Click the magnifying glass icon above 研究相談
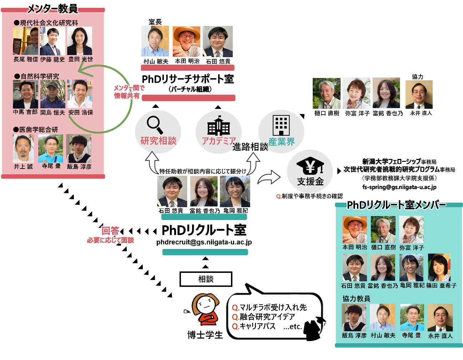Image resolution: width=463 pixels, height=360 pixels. click(155, 125)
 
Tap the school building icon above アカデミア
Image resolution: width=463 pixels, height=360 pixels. click(218, 126)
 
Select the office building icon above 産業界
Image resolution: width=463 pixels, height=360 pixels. click(281, 125)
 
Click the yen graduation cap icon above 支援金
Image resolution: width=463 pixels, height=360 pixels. click(310, 166)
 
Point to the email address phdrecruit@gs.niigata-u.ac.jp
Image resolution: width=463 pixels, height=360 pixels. click(204, 242)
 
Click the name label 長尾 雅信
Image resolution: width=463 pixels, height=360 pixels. click(26, 59)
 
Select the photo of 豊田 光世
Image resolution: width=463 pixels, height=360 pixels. click(80, 41)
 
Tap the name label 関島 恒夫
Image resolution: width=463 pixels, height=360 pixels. click(52, 112)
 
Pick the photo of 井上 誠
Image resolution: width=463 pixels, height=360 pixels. click(24, 149)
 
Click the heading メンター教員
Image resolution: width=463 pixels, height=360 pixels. click(52, 8)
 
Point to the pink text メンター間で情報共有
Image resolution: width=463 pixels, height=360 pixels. click(128, 92)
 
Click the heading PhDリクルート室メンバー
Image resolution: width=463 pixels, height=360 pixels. click(396, 205)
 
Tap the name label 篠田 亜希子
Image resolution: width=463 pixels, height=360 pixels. click(441, 286)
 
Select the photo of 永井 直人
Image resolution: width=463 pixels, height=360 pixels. click(440, 317)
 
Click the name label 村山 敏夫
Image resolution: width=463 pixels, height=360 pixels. click(383, 336)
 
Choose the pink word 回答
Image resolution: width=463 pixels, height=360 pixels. click(111, 231)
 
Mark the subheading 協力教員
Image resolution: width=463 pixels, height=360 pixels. click(356, 299)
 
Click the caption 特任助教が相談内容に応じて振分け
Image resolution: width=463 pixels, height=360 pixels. click(203, 171)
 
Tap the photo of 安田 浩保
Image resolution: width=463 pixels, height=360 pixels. click(80, 94)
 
